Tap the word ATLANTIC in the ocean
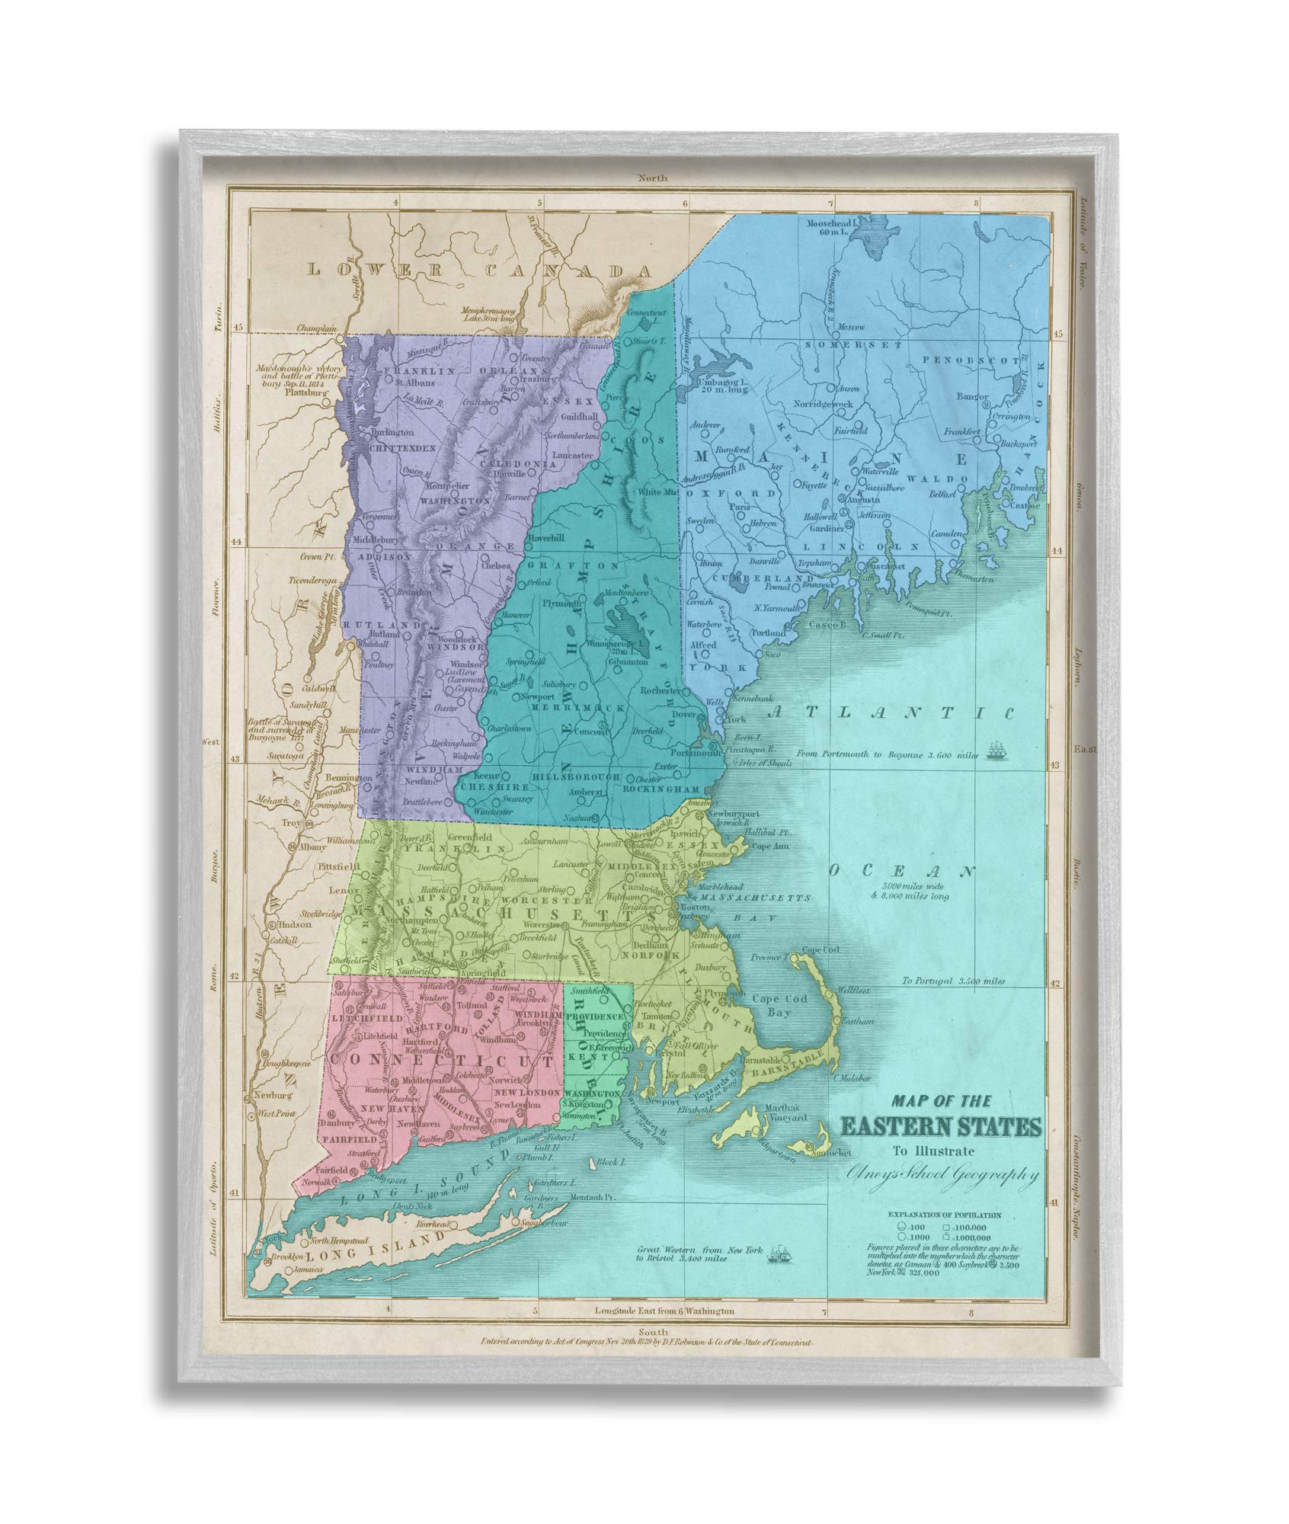[x=891, y=712]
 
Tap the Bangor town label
[x=974, y=397]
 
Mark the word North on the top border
[x=653, y=178]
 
